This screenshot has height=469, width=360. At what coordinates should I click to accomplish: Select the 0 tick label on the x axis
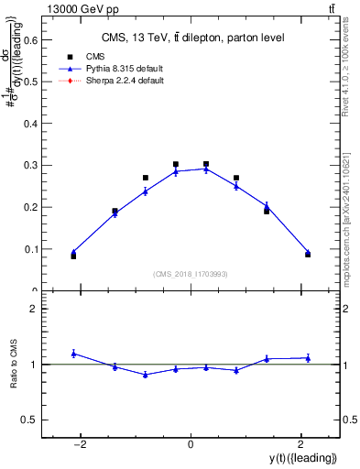pos(191,444)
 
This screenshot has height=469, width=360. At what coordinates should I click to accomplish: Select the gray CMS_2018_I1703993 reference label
pos(191,274)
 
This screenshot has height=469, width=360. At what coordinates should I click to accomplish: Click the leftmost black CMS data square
pos(73,256)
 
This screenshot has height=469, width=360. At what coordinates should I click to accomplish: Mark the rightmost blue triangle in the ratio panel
pos(308,358)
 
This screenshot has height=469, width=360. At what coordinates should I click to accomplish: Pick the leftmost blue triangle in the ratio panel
pos(73,354)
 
